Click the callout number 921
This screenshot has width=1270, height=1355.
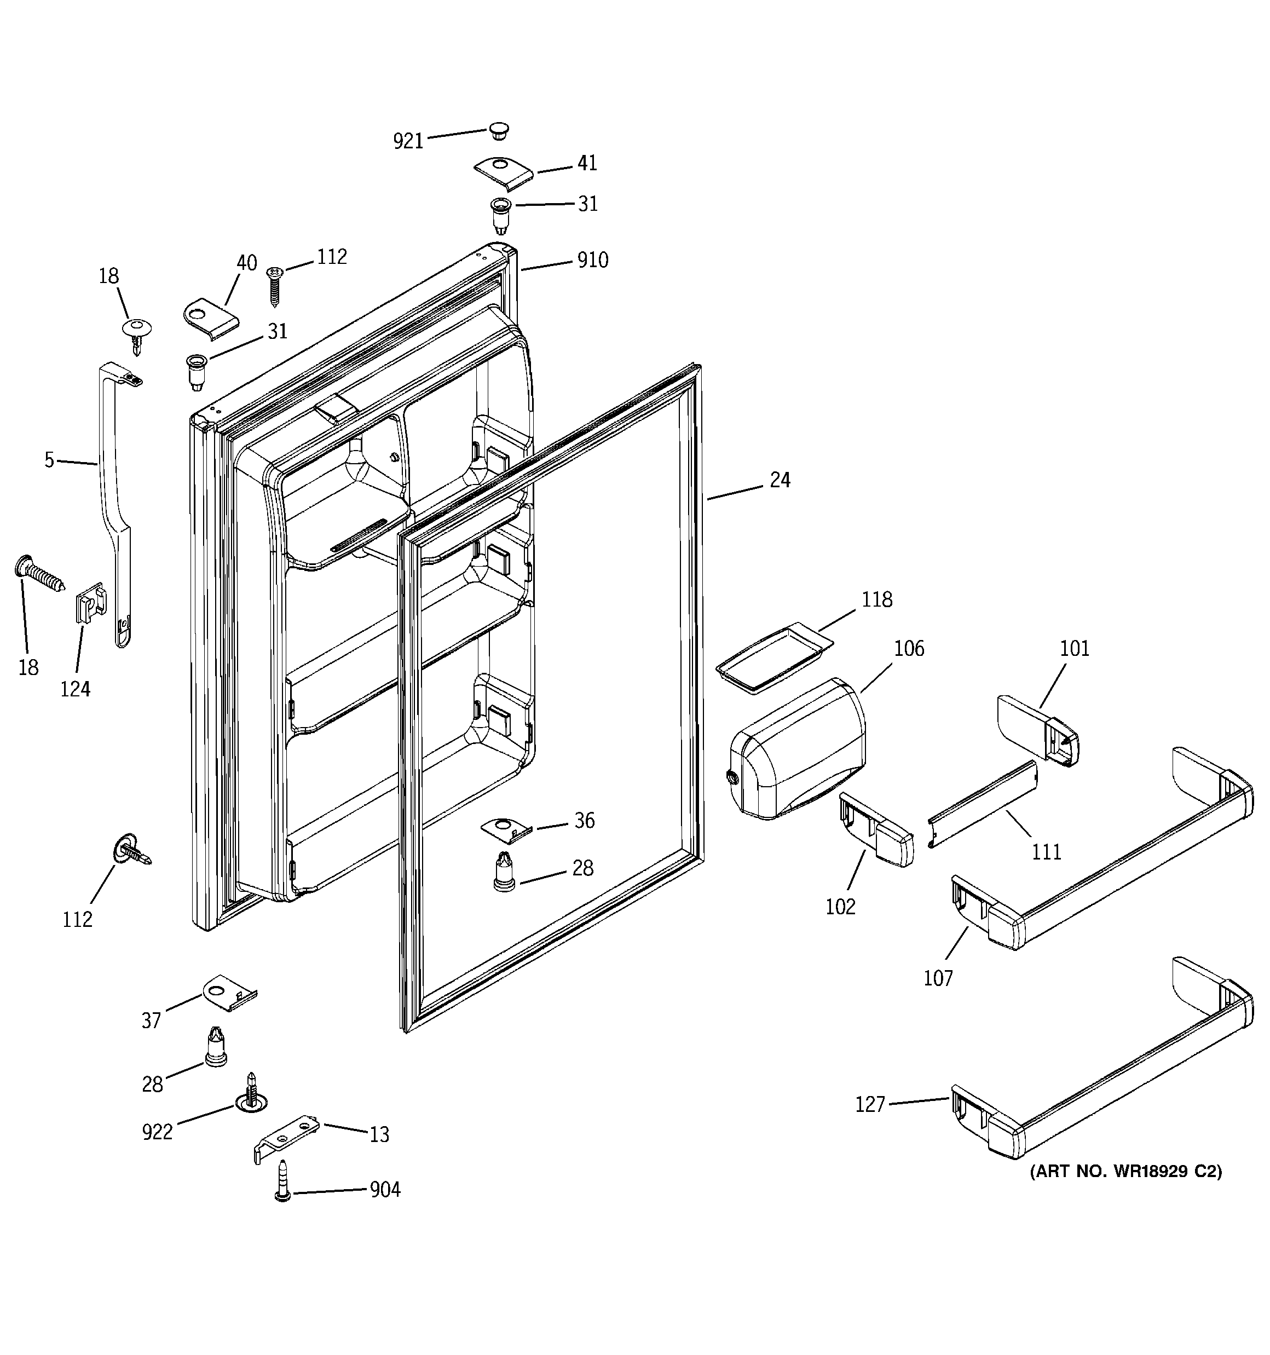(x=408, y=141)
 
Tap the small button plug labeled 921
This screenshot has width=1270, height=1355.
(x=499, y=131)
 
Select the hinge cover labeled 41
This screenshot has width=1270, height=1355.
(x=503, y=175)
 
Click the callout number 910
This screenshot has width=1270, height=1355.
(x=592, y=261)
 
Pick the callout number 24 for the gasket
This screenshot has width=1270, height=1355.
(x=780, y=481)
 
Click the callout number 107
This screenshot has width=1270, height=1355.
(x=937, y=978)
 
